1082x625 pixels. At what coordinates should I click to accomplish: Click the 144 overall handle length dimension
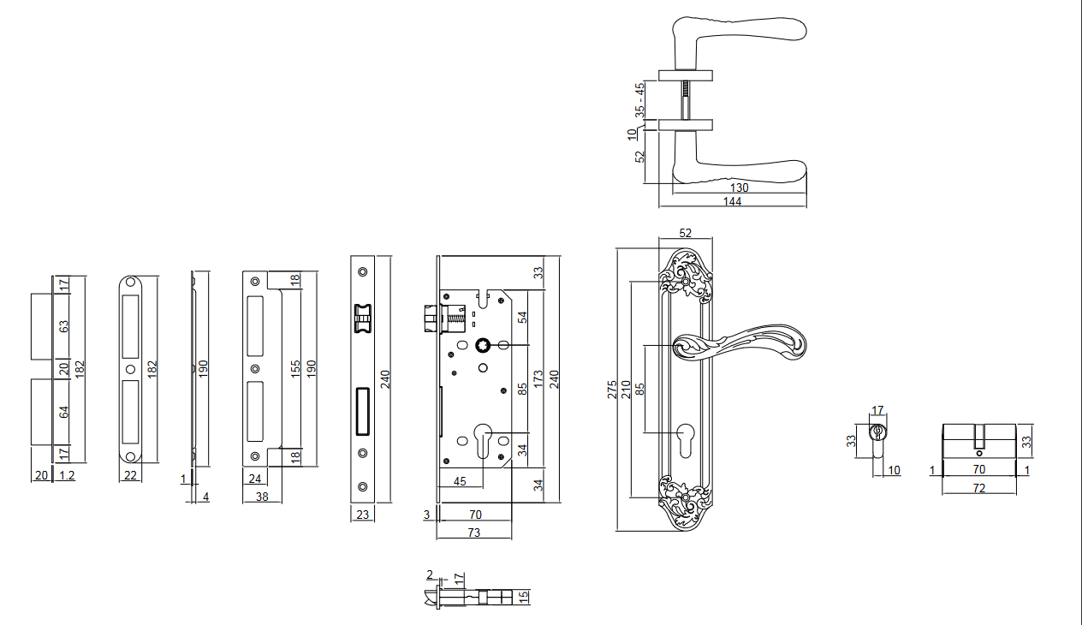pyautogui.click(x=732, y=201)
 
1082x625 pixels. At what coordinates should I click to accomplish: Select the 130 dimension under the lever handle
pyautogui.click(x=740, y=187)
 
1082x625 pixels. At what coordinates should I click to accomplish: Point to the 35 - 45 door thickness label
pyautogui.click(x=639, y=100)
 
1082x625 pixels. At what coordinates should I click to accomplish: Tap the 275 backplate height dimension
pyautogui.click(x=612, y=389)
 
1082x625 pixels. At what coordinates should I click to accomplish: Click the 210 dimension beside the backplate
pyautogui.click(x=626, y=389)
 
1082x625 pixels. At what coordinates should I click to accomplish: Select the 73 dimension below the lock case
pyautogui.click(x=473, y=532)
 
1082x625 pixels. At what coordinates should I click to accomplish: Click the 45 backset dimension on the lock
pyautogui.click(x=459, y=481)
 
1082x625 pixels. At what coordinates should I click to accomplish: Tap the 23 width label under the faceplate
pyautogui.click(x=361, y=515)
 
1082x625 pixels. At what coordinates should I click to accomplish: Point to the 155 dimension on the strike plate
pyautogui.click(x=295, y=369)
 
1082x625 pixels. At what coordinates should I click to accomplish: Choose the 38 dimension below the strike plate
pyautogui.click(x=262, y=496)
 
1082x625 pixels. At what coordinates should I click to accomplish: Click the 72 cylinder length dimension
pyautogui.click(x=978, y=488)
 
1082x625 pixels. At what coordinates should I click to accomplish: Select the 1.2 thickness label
pyautogui.click(x=66, y=476)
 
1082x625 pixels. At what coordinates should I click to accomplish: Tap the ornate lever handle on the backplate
pyautogui.click(x=741, y=342)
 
